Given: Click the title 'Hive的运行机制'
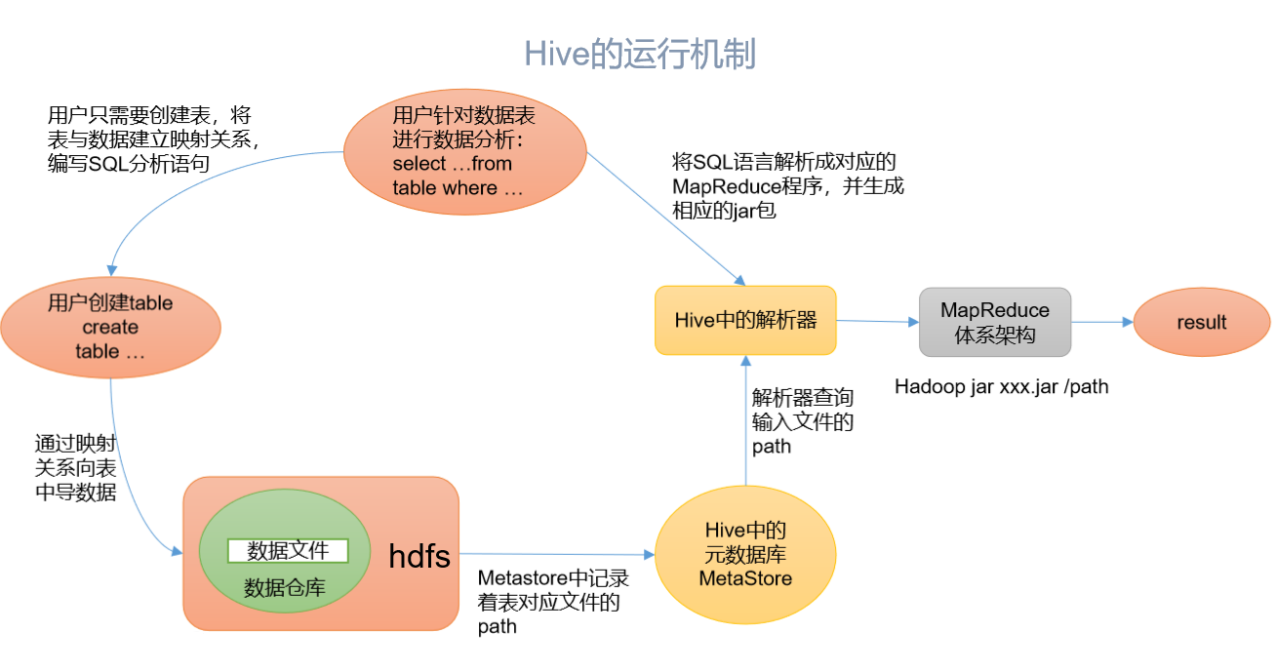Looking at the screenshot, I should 640,54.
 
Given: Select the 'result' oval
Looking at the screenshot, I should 1201,322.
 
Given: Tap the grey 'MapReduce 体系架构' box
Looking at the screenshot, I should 995,322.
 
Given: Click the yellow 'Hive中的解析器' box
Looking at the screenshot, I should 745,320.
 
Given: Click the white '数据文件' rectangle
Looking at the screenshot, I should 288,551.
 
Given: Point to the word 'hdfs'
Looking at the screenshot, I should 419,556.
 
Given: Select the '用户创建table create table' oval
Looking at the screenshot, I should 110,327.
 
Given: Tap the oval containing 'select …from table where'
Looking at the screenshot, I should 464,152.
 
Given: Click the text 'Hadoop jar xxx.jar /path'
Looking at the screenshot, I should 1001,386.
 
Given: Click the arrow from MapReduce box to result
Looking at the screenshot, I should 1101,322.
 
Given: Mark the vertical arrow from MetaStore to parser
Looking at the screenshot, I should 746,419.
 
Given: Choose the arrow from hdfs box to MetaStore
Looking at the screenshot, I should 556,554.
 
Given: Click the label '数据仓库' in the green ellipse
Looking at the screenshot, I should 285,587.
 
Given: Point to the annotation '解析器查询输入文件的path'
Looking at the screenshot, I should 802,421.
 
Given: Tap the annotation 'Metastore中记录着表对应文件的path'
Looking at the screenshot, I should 552,603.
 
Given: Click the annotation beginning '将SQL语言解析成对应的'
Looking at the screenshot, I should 788,185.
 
